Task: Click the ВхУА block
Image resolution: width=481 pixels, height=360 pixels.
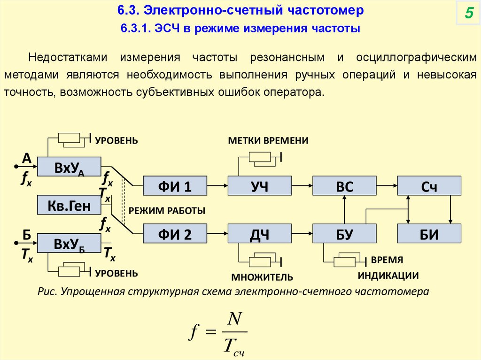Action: click(69, 167)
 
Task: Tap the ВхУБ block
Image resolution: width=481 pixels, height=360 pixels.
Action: click(69, 243)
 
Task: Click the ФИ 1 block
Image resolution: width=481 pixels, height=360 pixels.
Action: click(174, 186)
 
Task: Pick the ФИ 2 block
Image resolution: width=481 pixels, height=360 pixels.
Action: click(174, 233)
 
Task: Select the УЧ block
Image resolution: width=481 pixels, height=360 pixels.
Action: click(259, 186)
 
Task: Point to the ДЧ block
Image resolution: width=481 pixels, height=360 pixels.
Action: click(259, 233)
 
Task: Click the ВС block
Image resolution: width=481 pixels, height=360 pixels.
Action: click(344, 186)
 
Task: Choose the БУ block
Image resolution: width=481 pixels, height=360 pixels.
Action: click(344, 233)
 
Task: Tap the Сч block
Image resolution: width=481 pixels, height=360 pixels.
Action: click(429, 186)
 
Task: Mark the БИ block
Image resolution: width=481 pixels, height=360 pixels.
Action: click(429, 233)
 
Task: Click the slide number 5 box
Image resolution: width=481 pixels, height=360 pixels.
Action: click(468, 13)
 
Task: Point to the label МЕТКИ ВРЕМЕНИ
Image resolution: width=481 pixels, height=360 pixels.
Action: click(268, 141)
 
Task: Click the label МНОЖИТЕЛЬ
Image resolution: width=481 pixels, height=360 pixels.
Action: click(262, 276)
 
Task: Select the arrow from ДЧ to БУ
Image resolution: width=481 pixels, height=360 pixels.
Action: click(302, 233)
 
